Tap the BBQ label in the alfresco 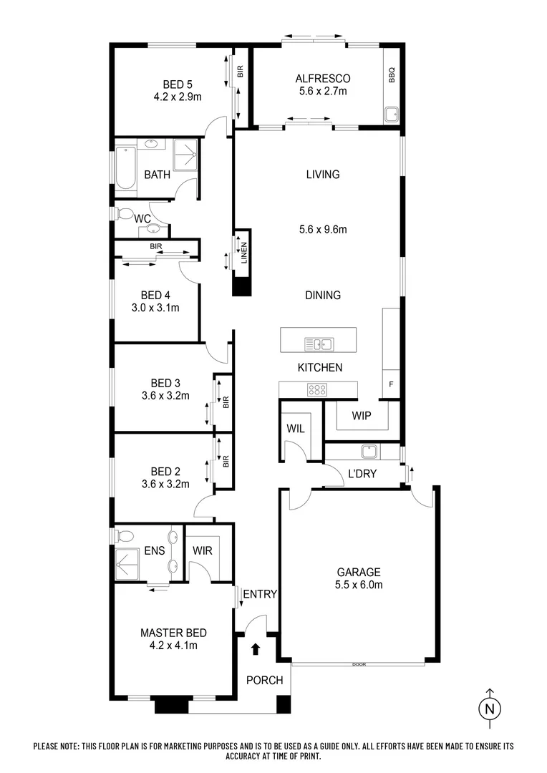392,75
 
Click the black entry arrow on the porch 256,649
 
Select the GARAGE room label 359,572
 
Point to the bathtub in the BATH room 126,167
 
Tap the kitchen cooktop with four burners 317,390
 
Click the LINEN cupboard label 243,253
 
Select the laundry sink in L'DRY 369,452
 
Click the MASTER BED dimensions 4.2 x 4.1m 173,645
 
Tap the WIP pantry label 362,415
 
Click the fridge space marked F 391,384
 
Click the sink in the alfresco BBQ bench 391,114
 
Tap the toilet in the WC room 124,214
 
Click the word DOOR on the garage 358,665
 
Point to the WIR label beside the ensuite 202,551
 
